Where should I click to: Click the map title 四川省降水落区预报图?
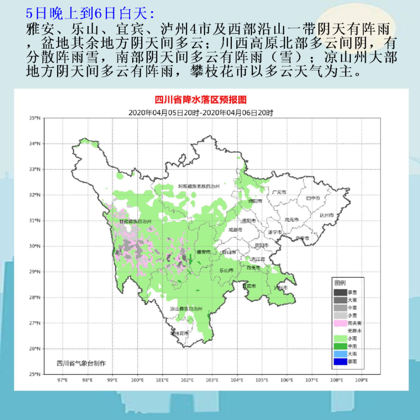pyautogui.click(x=200, y=100)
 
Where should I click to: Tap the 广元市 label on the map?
pyautogui.click(x=279, y=192)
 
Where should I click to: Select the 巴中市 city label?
pyautogui.click(x=312, y=198)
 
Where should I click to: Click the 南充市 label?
pyautogui.click(x=291, y=220)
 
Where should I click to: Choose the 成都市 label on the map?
pyautogui.click(x=235, y=230)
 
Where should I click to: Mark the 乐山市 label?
pyautogui.click(x=226, y=270)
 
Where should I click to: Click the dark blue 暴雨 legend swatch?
pyautogui.click(x=340, y=361)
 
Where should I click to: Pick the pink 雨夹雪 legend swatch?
pyautogui.click(x=340, y=323)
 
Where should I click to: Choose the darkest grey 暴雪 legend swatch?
pyautogui.click(x=340, y=292)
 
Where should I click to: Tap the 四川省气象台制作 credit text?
pyautogui.click(x=81, y=363)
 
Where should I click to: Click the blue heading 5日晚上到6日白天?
pyautogui.click(x=90, y=13)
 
